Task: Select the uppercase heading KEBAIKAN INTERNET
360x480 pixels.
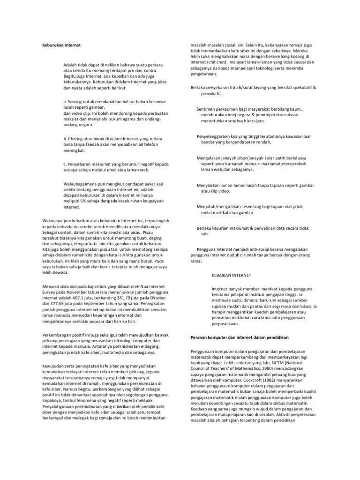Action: [x=232, y=275]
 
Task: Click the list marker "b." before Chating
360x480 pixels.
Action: [x=65, y=139]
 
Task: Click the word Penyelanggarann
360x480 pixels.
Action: [x=216, y=136]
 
